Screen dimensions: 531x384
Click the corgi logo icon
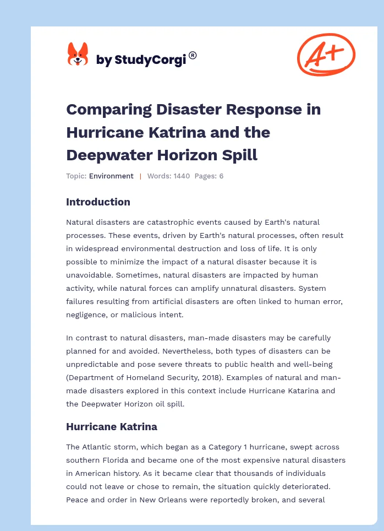click(78, 55)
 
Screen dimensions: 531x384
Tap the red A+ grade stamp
click(326, 54)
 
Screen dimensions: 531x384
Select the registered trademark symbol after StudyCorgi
click(193, 55)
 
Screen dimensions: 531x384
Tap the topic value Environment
click(111, 176)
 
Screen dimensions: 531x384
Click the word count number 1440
click(180, 176)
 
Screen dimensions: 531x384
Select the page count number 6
click(221, 176)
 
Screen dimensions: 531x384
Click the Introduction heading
click(98, 202)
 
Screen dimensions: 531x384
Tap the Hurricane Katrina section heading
click(111, 426)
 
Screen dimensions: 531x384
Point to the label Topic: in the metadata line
click(76, 176)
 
